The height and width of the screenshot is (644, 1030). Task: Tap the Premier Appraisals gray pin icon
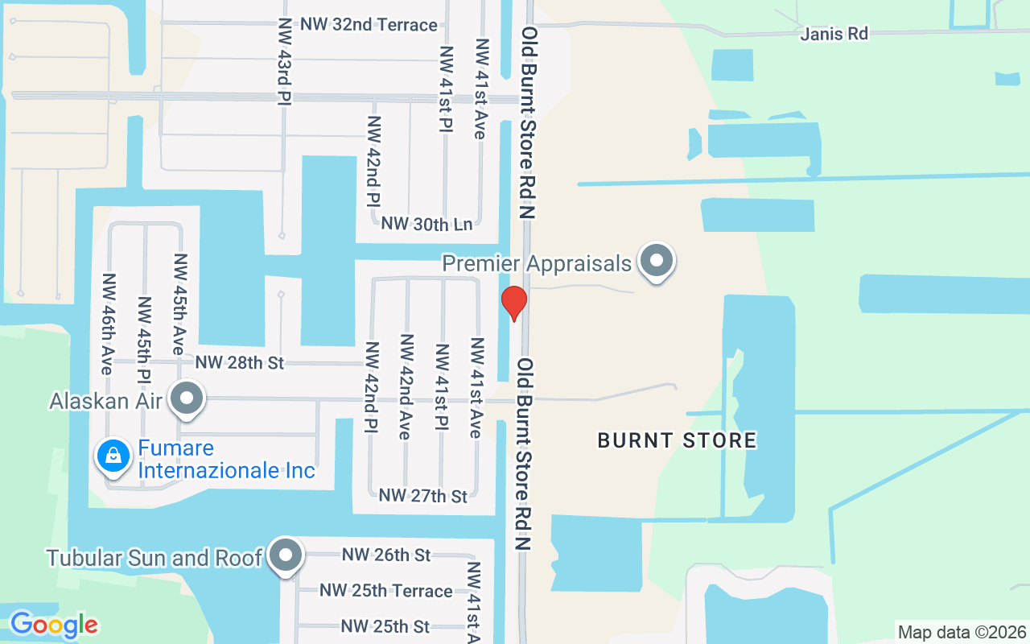(657, 261)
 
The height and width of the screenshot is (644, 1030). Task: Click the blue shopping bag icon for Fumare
(114, 456)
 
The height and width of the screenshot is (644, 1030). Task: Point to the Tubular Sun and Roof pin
(285, 555)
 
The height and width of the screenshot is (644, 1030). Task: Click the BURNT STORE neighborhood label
(677, 440)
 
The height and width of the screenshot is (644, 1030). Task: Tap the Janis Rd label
(834, 34)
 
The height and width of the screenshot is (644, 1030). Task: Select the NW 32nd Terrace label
(369, 25)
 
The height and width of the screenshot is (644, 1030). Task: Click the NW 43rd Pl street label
(284, 60)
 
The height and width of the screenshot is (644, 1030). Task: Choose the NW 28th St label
(239, 363)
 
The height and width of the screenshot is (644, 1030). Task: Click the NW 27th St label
(422, 496)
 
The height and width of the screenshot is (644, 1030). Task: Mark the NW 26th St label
(385, 555)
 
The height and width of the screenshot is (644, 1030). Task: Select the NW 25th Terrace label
(385, 591)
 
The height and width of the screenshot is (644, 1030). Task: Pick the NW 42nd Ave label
(406, 386)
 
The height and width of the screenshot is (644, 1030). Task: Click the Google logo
(54, 625)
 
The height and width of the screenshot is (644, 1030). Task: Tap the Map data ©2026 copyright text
(962, 632)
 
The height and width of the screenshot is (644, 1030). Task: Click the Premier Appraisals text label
(537, 263)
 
